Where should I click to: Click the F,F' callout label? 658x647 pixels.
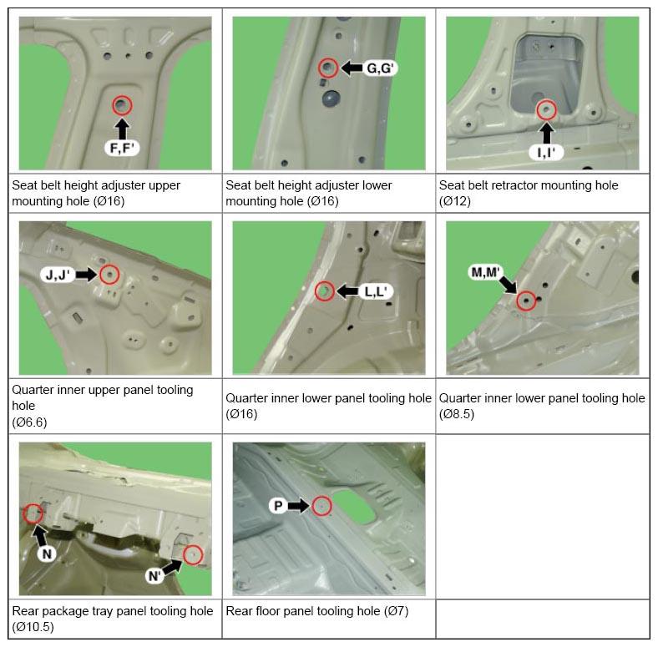122,148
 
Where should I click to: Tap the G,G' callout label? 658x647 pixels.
380,68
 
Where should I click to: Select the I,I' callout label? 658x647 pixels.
546,153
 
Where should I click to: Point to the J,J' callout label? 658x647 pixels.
58,275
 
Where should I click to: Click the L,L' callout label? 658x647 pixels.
376,291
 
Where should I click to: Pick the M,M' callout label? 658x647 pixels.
485,272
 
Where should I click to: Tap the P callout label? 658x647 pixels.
278,506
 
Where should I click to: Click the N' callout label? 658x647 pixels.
154,576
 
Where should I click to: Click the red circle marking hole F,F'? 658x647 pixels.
122,105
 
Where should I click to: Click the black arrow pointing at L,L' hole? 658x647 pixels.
347,291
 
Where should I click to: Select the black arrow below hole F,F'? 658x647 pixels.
122,129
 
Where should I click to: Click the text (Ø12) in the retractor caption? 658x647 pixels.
455,201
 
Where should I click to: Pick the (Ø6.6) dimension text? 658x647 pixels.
29,422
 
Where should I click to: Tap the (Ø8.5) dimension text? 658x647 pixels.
457,414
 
